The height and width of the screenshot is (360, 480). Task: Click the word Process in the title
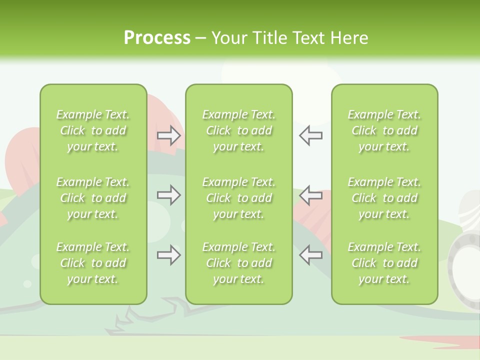pos(157,38)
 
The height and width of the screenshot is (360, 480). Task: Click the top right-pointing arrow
pos(168,135)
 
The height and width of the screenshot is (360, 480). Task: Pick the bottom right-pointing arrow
pos(168,255)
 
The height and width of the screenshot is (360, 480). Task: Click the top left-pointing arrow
pos(311,135)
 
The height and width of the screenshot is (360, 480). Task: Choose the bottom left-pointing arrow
pos(311,255)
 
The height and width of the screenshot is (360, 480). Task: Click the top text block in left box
pos(93,130)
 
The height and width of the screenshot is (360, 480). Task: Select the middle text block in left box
pos(93,198)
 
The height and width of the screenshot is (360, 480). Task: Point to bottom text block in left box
pos(93,263)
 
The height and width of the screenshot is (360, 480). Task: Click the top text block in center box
pos(238,130)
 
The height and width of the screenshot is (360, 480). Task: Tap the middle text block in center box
pos(238,198)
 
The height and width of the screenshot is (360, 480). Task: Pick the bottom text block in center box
pos(238,263)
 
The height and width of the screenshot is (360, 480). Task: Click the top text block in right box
pos(384,130)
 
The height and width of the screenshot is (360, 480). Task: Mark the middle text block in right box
pos(384,198)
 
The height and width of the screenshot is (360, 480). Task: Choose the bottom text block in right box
pos(384,263)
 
